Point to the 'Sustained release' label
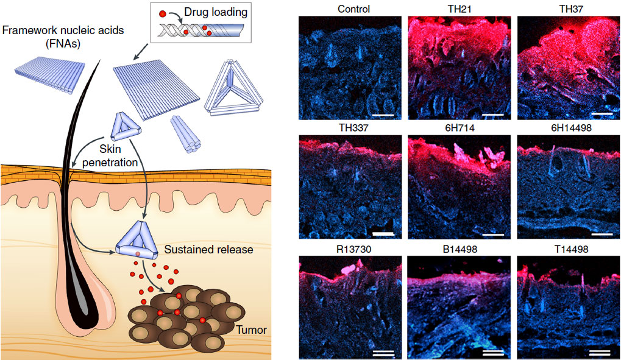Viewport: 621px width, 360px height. [200, 249]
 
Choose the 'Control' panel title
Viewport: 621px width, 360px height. [350, 9]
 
